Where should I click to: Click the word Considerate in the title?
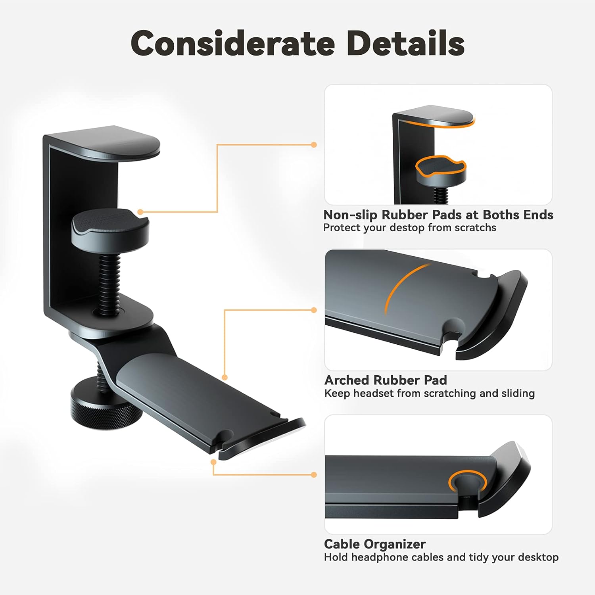click(x=233, y=43)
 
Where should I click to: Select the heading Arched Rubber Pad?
click(x=386, y=380)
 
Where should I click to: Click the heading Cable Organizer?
click(x=375, y=544)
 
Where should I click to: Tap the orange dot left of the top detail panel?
click(x=314, y=145)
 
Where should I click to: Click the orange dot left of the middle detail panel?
click(x=314, y=310)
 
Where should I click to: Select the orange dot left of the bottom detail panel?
click(x=314, y=475)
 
